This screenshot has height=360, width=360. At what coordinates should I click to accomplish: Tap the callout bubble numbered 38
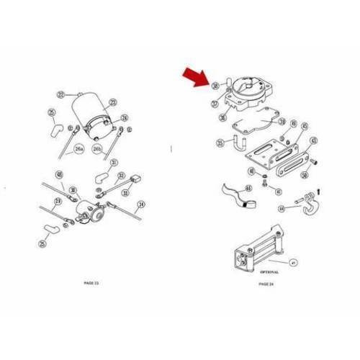[x=215, y=86]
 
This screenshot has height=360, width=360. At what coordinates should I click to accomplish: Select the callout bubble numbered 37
[x=215, y=104]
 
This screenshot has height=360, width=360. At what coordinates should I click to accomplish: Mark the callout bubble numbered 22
[x=62, y=94]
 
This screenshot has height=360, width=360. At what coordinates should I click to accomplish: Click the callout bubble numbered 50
[x=306, y=174]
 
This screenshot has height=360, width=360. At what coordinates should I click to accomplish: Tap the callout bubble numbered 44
[x=282, y=210]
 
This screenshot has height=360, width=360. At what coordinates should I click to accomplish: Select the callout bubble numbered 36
[x=222, y=117]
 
